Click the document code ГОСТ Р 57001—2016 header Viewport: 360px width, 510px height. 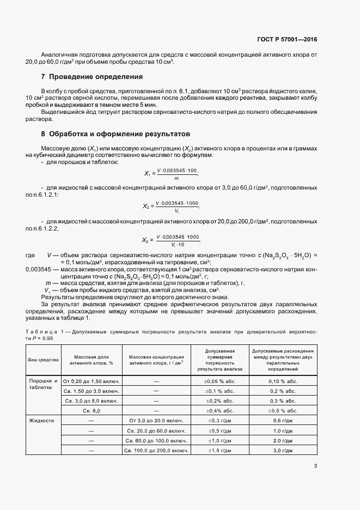[287, 39]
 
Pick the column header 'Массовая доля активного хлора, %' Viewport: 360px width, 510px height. [92, 360]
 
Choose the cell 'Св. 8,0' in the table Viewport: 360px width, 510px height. [92, 410]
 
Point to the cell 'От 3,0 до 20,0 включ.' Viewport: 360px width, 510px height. [156, 421]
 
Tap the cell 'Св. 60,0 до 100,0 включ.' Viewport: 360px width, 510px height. [156, 440]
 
